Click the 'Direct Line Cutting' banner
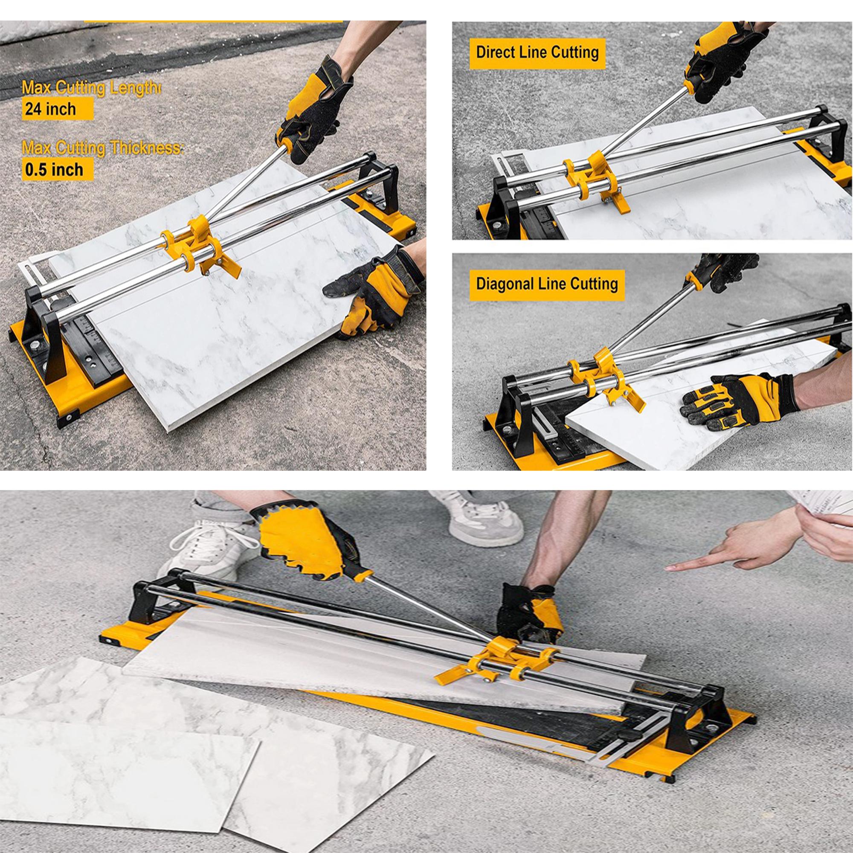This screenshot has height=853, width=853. coord(537,53)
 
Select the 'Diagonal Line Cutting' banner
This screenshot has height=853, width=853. coord(547,284)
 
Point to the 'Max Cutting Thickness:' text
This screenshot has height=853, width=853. coord(102,148)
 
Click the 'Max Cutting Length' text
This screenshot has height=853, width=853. coord(91,87)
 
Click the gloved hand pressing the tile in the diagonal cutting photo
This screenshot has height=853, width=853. coord(737,400)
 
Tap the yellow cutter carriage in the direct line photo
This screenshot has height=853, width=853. coord(594,180)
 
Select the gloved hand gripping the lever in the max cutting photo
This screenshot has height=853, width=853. coord(313,110)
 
